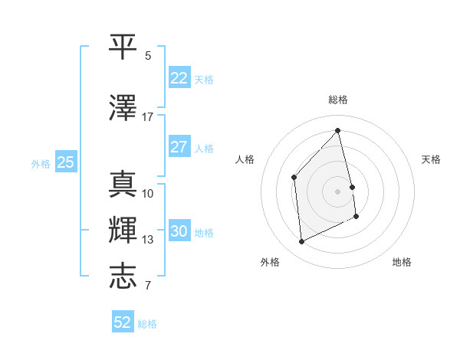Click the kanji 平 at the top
point(123,45)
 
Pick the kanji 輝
point(123,230)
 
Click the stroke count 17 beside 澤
point(147,117)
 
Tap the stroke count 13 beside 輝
point(147,240)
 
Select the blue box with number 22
point(179,78)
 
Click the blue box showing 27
point(179,148)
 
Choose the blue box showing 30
point(179,232)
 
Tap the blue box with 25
point(65,162)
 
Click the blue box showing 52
point(123,322)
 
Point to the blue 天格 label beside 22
point(204,80)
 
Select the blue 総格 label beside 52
point(147,324)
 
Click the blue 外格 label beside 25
point(41,163)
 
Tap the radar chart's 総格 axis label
point(338,100)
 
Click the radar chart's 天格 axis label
point(431,159)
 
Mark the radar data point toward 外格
point(302,242)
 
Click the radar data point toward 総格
point(338,130)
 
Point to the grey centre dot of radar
point(338,191)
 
